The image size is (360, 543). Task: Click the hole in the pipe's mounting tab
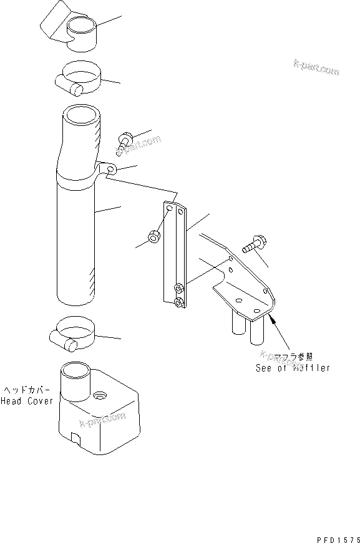pyautogui.click(x=110, y=169)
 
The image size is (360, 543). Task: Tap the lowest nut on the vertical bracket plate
pyautogui.click(x=179, y=302)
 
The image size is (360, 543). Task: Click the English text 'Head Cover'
pyautogui.click(x=27, y=401)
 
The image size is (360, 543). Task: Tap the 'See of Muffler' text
pyautogui.click(x=293, y=368)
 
